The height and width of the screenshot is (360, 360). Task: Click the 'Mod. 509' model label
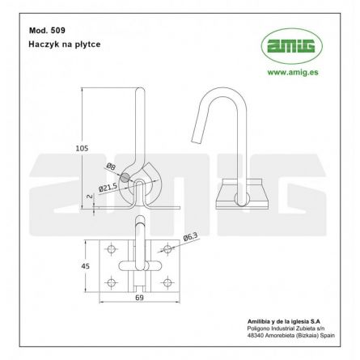tap(44, 30)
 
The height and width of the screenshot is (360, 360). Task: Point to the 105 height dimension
tap(81, 148)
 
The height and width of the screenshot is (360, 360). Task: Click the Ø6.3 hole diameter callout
tap(191, 237)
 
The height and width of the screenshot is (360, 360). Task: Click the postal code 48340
tap(256, 337)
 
